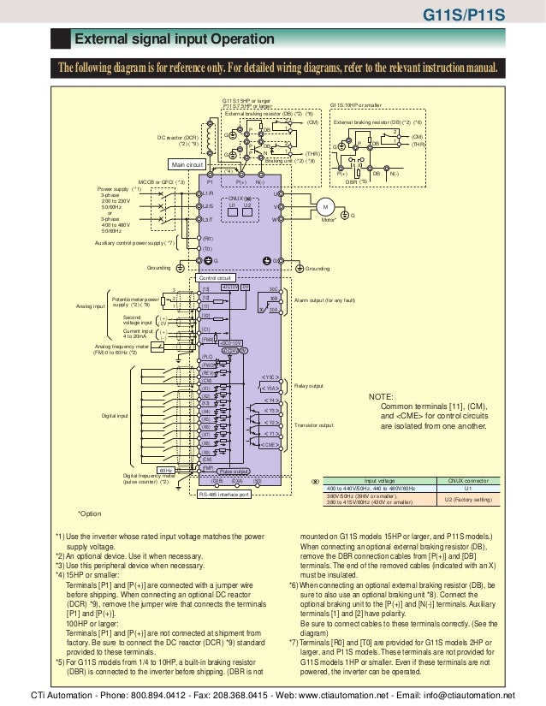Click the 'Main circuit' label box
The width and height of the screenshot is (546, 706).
tap(188, 164)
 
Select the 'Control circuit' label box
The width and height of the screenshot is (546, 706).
tap(216, 278)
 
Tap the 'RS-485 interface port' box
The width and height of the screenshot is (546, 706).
tap(223, 494)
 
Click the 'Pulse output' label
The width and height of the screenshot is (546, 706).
tap(234, 472)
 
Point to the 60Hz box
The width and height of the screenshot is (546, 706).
tap(166, 470)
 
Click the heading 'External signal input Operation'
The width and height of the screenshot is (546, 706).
tap(175, 39)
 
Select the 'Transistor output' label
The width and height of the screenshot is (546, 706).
tap(314, 424)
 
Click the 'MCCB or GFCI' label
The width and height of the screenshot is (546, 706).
tap(161, 181)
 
